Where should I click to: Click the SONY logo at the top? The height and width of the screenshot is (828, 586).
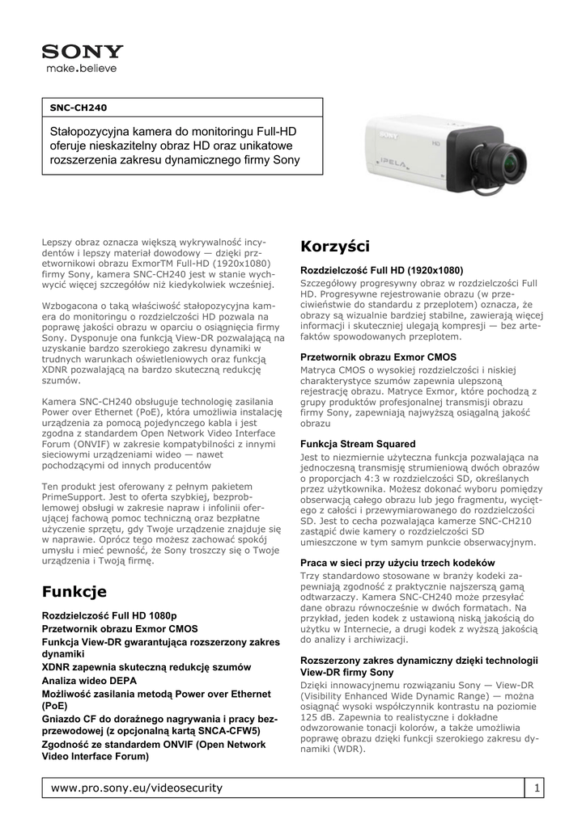[83, 53]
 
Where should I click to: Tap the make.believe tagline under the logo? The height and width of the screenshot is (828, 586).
[81, 69]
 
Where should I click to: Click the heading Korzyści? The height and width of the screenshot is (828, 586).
[334, 246]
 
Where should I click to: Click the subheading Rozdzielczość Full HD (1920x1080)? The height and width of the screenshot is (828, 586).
[381, 270]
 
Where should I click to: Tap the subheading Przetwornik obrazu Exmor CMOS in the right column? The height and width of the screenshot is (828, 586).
[378, 357]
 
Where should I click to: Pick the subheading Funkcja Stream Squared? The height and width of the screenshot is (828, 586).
[358, 444]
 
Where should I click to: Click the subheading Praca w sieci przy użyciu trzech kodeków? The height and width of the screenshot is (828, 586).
[397, 562]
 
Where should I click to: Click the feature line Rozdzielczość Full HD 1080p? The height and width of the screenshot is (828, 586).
[109, 615]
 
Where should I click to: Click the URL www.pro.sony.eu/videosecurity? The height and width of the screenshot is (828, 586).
[136, 788]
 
